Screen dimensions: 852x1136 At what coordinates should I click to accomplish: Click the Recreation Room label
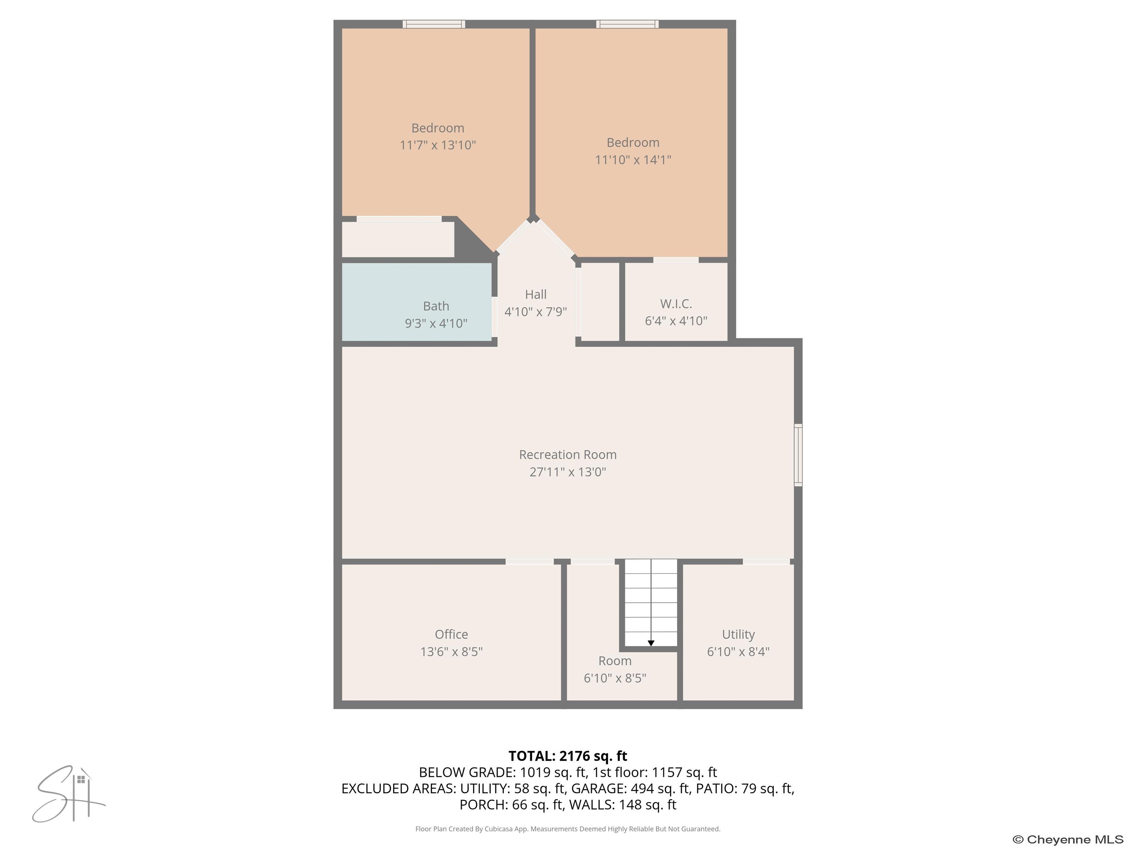point(568,454)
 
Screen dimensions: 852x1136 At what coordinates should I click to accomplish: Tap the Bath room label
point(436,306)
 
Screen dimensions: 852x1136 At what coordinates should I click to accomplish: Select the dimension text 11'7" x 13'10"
point(437,145)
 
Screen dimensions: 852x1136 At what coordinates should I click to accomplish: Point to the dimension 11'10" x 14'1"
point(633,160)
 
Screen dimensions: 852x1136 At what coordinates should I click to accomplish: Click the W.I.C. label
point(676,304)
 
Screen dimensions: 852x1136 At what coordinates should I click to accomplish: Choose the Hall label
point(536,294)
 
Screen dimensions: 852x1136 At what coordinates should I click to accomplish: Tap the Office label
point(451,634)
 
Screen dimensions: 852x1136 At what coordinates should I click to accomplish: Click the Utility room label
point(738,634)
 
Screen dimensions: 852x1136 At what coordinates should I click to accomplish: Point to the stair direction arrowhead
point(651,643)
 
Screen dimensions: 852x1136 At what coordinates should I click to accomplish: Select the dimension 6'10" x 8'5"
point(615,678)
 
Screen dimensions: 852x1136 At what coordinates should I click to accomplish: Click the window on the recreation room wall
point(798,454)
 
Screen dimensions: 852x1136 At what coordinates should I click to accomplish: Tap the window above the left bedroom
point(434,24)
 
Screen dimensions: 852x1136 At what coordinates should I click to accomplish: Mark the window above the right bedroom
point(627,24)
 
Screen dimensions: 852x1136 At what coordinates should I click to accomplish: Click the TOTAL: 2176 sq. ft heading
point(568,756)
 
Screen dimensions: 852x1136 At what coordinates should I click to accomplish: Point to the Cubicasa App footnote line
point(568,828)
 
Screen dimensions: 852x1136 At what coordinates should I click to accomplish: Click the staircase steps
point(651,601)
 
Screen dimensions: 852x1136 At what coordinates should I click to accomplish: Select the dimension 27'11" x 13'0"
point(568,472)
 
